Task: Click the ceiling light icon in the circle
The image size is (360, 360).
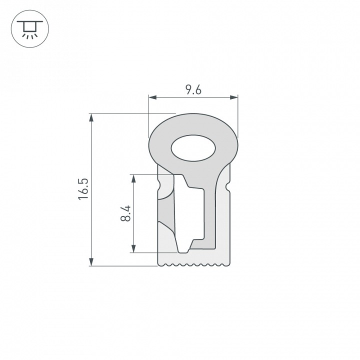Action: click(x=28, y=29)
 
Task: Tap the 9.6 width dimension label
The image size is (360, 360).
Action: click(x=193, y=90)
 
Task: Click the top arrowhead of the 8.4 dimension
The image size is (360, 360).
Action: click(x=133, y=177)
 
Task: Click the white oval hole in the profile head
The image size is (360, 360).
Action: click(x=193, y=148)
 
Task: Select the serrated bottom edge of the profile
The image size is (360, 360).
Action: click(x=193, y=264)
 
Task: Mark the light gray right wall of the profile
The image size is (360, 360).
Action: click(x=223, y=220)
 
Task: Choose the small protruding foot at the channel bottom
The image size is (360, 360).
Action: click(x=184, y=247)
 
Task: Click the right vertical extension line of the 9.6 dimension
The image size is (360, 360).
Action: click(x=237, y=115)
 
